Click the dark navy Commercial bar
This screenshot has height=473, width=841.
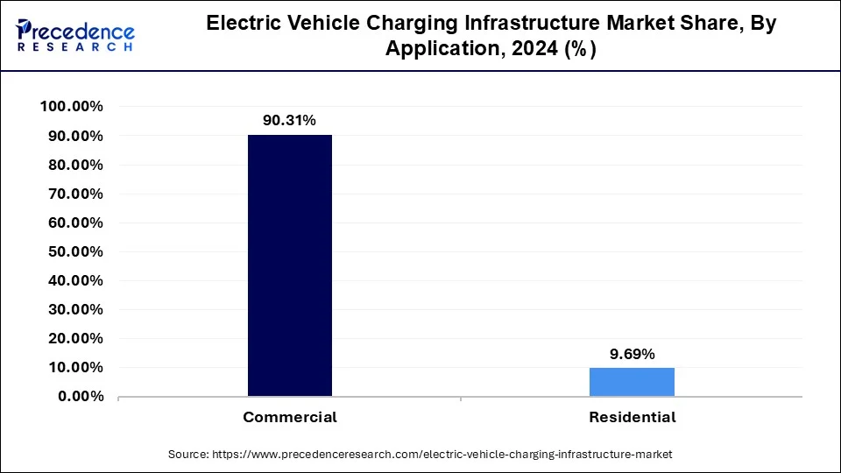pyautogui.click(x=290, y=265)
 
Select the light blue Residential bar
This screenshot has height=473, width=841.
pyautogui.click(x=632, y=382)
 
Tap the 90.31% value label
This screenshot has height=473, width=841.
pyautogui.click(x=290, y=119)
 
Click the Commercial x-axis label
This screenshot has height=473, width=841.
pyautogui.click(x=290, y=418)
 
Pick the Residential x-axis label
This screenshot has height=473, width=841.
pyautogui.click(x=632, y=418)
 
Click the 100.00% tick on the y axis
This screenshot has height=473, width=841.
pyautogui.click(x=72, y=107)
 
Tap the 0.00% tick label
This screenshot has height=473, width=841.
pyautogui.click(x=79, y=397)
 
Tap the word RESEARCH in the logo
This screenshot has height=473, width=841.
pyautogui.click(x=74, y=47)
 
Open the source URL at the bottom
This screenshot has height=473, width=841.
pyautogui.click(x=420, y=455)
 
